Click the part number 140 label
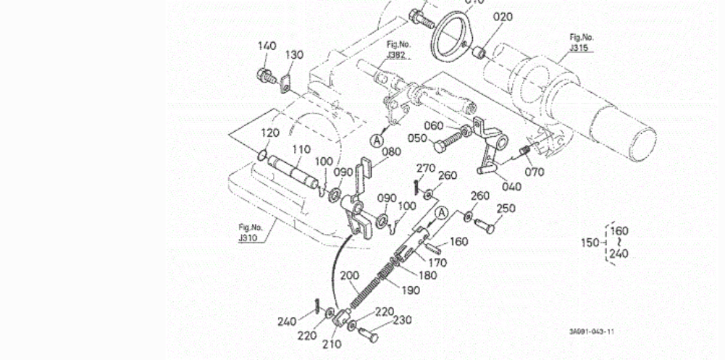tap(267, 46)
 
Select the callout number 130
tap(293, 55)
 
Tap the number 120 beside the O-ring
tap(269, 133)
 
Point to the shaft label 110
tap(301, 149)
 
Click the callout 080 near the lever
tap(391, 152)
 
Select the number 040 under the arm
tap(511, 185)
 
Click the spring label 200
tap(349, 275)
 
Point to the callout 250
tap(506, 209)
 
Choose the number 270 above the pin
tap(425, 168)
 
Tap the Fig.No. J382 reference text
tap(398, 49)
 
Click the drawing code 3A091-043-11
tap(591, 332)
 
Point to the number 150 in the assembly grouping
tap(591, 242)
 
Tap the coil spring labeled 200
tap(367, 282)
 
